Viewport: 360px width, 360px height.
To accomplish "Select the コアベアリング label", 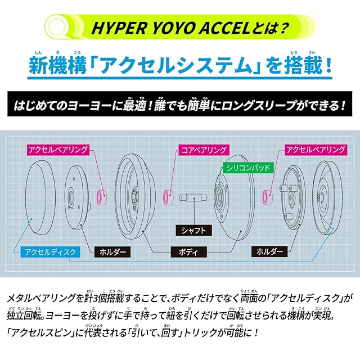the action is coord(204,150).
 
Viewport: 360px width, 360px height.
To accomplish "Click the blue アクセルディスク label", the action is coord(50,251).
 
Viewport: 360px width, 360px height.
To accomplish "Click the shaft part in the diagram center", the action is coord(193,199).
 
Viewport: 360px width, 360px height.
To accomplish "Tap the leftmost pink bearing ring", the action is coord(103,197).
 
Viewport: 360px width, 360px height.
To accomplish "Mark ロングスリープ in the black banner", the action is coord(254,105).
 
